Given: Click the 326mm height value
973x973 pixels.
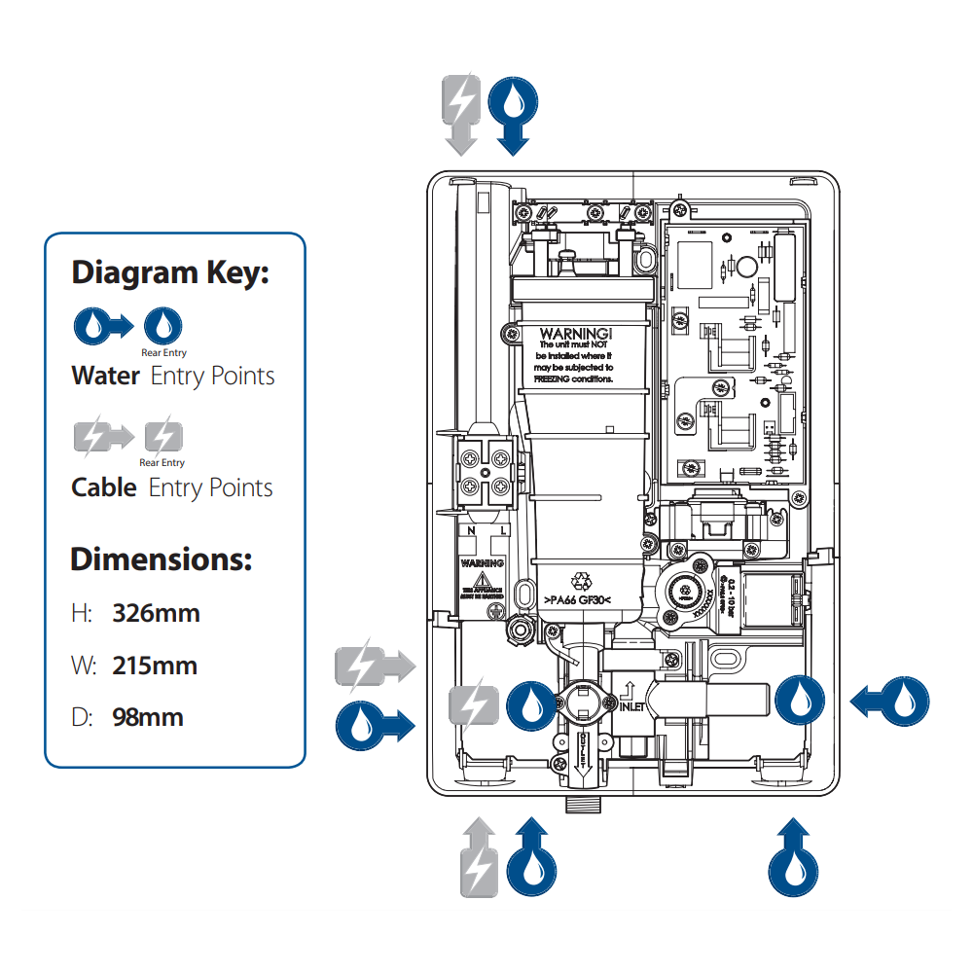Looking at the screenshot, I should coord(156,614).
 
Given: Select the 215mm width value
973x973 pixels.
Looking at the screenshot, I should coord(155,667).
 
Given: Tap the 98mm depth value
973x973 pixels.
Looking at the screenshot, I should coord(147,718).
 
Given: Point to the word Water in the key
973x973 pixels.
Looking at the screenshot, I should coord(105,377).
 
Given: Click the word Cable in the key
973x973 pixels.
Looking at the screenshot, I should coord(104,487).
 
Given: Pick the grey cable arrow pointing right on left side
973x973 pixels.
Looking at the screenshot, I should coord(375,667).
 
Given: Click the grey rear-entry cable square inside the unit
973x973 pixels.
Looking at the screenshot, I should coord(473,704).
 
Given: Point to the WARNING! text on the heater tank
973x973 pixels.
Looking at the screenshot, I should coord(575,333).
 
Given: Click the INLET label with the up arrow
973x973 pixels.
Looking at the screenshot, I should coord(631,699).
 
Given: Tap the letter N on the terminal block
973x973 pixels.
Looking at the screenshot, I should coord(472,531).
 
